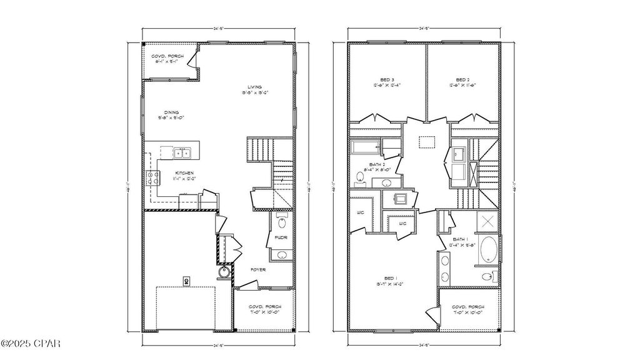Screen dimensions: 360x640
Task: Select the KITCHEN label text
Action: coord(184,172)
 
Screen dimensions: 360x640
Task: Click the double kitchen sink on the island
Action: coord(182,152)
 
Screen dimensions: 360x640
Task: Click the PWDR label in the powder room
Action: coord(279,238)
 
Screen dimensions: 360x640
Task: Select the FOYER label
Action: coord(258,269)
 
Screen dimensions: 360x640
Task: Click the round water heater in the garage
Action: coord(224,272)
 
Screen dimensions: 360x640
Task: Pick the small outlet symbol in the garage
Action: coord(186,281)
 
